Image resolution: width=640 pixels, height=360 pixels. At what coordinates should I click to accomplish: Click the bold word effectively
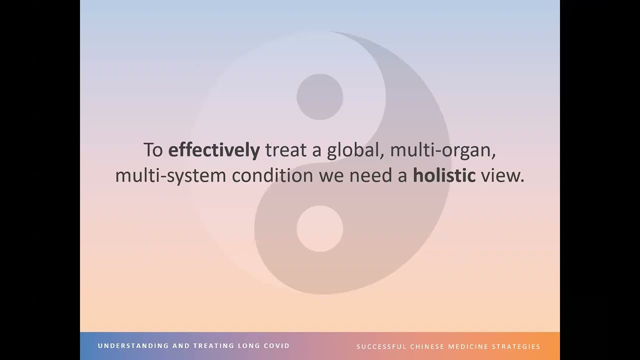(213, 150)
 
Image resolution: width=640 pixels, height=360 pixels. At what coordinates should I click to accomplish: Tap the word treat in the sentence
(286, 150)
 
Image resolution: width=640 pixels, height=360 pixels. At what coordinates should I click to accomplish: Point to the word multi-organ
(443, 150)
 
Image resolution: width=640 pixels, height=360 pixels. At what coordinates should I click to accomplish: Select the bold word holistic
(444, 176)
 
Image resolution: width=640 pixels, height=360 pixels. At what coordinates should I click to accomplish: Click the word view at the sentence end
(501, 176)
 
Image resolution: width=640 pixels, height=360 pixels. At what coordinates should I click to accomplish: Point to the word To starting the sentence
(153, 150)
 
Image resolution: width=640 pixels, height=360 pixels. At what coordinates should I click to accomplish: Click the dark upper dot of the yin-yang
(319, 97)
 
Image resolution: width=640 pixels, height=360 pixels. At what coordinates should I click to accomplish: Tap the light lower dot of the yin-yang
(319, 228)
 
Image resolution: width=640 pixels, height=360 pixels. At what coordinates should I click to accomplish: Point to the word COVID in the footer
(277, 346)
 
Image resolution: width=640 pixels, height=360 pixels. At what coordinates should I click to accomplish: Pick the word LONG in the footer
(249, 346)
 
